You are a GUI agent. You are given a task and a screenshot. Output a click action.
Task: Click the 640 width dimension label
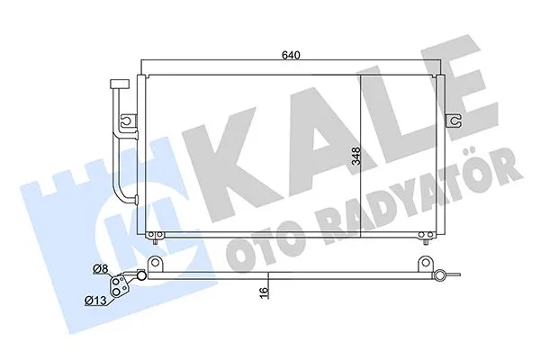[x=290, y=55]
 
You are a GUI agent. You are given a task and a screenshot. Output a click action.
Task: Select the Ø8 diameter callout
[x=100, y=267]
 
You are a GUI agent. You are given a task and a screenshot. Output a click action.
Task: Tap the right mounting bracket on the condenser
[x=457, y=119]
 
